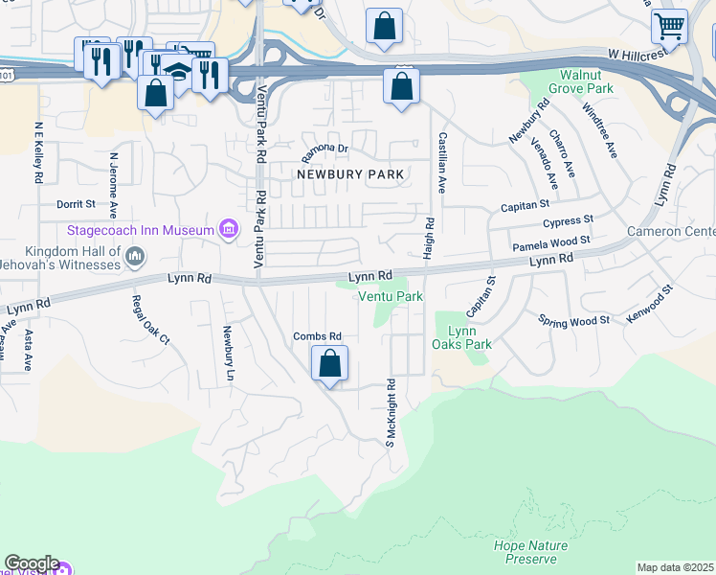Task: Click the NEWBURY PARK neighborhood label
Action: tap(350, 174)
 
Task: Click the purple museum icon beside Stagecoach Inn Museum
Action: tap(229, 230)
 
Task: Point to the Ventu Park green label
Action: tap(391, 297)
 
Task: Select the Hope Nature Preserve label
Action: tap(530, 552)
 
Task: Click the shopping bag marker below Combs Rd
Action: tap(329, 364)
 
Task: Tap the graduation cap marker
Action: tap(177, 70)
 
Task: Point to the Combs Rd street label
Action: tap(317, 336)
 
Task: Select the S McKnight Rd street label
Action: tap(391, 411)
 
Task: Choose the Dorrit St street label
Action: tap(76, 204)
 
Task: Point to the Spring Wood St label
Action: tap(573, 320)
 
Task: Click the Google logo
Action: tap(31, 563)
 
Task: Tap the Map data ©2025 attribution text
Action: tap(675, 567)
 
